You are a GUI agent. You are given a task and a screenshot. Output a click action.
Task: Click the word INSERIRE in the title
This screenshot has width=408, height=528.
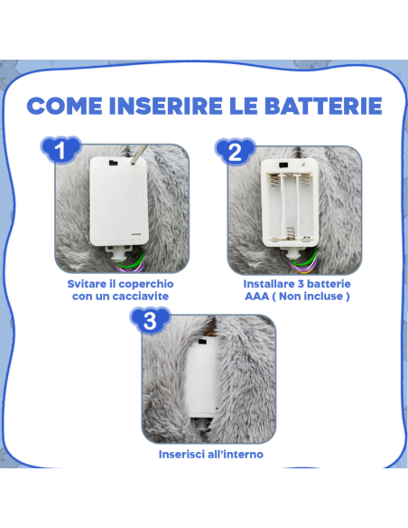click(x=166, y=106)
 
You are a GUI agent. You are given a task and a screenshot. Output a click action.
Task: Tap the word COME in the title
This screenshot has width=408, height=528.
click(x=64, y=106)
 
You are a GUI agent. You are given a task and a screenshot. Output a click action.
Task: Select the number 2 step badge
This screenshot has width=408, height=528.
click(x=235, y=151)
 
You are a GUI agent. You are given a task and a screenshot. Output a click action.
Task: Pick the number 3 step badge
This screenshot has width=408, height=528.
click(x=150, y=320)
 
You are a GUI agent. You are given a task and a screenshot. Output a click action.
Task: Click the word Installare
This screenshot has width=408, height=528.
click(x=269, y=284)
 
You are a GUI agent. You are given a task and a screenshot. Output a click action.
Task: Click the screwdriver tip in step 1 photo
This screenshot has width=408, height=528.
click(x=134, y=162)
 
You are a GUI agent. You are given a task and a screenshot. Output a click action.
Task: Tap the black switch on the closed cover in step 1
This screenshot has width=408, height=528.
click(x=112, y=164)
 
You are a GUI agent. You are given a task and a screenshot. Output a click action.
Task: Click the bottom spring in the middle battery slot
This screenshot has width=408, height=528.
click(x=291, y=233)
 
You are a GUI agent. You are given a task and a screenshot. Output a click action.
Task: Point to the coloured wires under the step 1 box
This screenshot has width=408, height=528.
click(x=132, y=263)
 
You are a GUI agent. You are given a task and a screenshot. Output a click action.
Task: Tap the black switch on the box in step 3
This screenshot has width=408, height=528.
click(x=202, y=342)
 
